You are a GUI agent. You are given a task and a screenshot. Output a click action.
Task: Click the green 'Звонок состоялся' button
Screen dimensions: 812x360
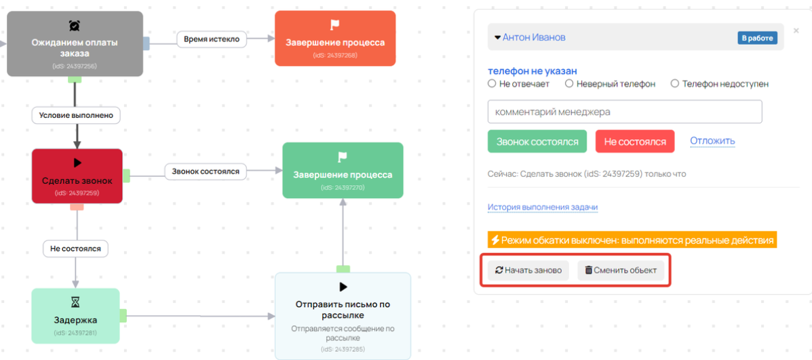537,141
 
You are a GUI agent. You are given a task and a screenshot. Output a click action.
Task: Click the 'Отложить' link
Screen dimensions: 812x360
712,141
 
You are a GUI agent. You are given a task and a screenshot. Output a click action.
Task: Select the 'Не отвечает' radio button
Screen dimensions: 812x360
492,83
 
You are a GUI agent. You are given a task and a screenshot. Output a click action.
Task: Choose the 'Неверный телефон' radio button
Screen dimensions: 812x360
568,83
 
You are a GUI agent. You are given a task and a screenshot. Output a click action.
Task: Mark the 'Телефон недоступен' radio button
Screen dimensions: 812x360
674,83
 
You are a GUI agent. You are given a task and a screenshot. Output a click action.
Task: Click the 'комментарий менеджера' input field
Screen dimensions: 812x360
625,112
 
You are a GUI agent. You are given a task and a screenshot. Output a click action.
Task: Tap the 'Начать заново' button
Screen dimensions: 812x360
528,270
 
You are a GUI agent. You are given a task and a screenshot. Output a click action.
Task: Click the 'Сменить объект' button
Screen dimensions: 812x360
621,270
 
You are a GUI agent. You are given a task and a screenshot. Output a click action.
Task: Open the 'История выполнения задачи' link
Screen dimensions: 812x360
543,207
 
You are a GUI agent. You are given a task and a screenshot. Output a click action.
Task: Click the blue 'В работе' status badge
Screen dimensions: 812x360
758,38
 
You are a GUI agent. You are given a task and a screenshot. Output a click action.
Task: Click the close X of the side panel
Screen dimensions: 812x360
796,31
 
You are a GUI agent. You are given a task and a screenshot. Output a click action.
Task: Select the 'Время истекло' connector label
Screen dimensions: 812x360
211,39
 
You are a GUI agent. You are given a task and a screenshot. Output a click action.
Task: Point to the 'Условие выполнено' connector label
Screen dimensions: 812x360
76,115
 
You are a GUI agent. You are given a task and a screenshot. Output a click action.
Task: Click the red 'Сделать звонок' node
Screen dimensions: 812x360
77,176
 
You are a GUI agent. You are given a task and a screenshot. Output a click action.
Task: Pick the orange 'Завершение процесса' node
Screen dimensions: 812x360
335,38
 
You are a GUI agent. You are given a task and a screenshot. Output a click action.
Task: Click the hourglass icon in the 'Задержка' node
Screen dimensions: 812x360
75,302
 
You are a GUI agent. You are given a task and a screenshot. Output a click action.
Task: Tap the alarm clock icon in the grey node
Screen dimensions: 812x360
75,25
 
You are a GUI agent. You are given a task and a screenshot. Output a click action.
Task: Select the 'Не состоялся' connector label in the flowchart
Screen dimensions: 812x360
75,248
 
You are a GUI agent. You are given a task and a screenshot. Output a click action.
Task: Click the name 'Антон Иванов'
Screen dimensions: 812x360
534,38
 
